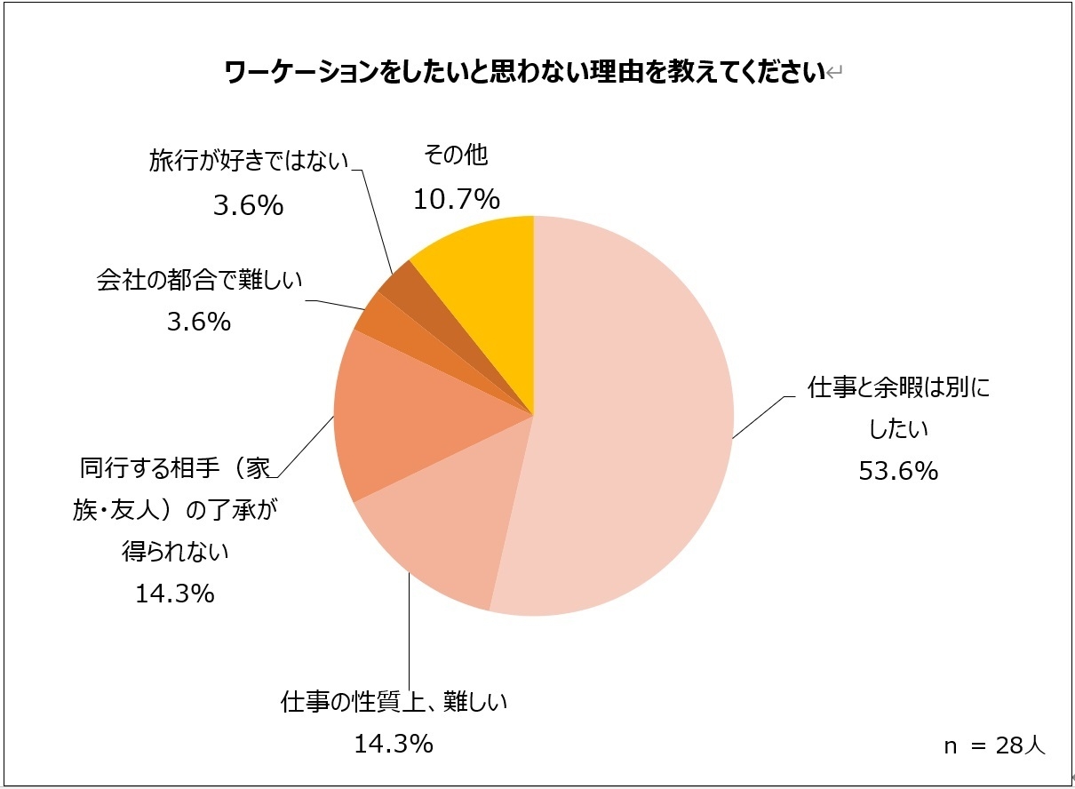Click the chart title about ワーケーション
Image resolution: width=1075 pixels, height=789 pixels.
524,72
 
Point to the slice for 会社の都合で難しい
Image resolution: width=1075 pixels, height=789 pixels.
369,315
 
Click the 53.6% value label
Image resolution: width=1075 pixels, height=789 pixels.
898,471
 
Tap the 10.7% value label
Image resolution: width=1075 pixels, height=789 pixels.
456,200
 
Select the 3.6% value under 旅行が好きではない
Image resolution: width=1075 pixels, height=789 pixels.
248,206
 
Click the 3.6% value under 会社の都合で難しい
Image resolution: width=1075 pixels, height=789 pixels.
199,322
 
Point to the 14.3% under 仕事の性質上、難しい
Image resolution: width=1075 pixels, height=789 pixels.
393,743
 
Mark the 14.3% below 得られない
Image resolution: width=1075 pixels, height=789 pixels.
174,593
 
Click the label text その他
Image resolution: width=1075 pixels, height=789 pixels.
456,155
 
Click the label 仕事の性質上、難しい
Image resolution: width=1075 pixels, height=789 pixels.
393,702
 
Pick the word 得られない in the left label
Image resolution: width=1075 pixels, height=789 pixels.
174,552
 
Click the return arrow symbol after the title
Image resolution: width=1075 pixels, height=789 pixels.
833,74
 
